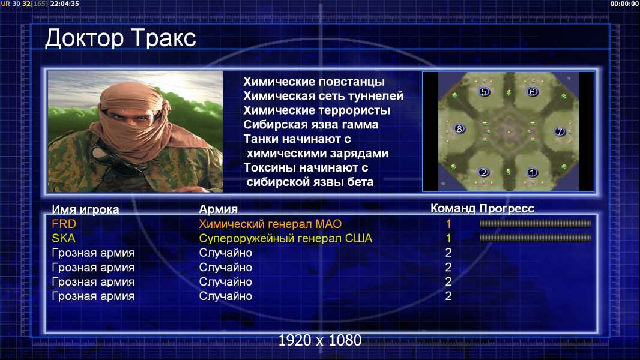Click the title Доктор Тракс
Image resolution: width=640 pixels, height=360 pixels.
pyautogui.click(x=121, y=38)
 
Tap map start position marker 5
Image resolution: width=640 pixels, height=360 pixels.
pyautogui.click(x=484, y=92)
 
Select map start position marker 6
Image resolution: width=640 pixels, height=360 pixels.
pyautogui.click(x=532, y=92)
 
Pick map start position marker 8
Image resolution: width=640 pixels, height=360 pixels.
pyautogui.click(x=460, y=129)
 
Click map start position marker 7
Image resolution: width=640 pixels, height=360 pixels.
pyautogui.click(x=560, y=131)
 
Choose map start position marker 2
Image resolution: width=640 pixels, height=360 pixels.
pyautogui.click(x=484, y=172)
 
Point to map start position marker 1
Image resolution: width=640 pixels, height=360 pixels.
pyautogui.click(x=532, y=172)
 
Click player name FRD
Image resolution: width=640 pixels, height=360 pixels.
pyautogui.click(x=64, y=224)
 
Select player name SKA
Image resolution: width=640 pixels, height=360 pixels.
pyautogui.click(x=63, y=238)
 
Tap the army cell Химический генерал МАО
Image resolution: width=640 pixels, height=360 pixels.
pyautogui.click(x=270, y=224)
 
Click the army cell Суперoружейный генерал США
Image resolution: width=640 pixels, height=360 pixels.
pyautogui.click(x=286, y=239)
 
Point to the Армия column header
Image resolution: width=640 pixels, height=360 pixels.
pyautogui.click(x=219, y=209)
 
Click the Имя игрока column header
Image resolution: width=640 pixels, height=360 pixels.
pyautogui.click(x=85, y=209)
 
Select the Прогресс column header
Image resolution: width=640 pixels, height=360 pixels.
pyautogui.click(x=507, y=208)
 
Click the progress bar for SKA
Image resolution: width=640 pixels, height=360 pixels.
pyautogui.click(x=536, y=238)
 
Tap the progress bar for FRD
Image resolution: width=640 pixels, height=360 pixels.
pyautogui.click(x=536, y=223)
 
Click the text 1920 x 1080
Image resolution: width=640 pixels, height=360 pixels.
pyautogui.click(x=320, y=340)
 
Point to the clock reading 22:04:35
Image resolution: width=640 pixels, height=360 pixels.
pyautogui.click(x=64, y=4)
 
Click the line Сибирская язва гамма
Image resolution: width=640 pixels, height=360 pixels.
pyautogui.click(x=311, y=125)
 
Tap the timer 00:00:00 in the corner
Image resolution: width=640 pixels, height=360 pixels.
pyautogui.click(x=624, y=4)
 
